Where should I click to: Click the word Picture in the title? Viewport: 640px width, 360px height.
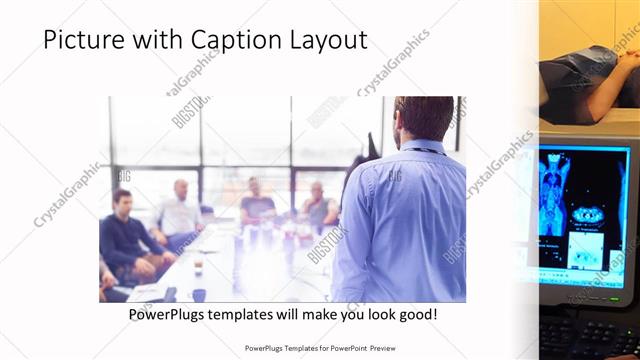point(83,40)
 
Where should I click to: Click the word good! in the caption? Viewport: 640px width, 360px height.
point(413,314)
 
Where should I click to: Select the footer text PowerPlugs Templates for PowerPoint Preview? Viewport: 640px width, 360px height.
point(320,348)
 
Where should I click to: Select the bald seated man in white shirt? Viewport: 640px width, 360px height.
point(180,210)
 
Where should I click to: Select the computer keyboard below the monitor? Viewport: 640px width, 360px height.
point(590,335)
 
